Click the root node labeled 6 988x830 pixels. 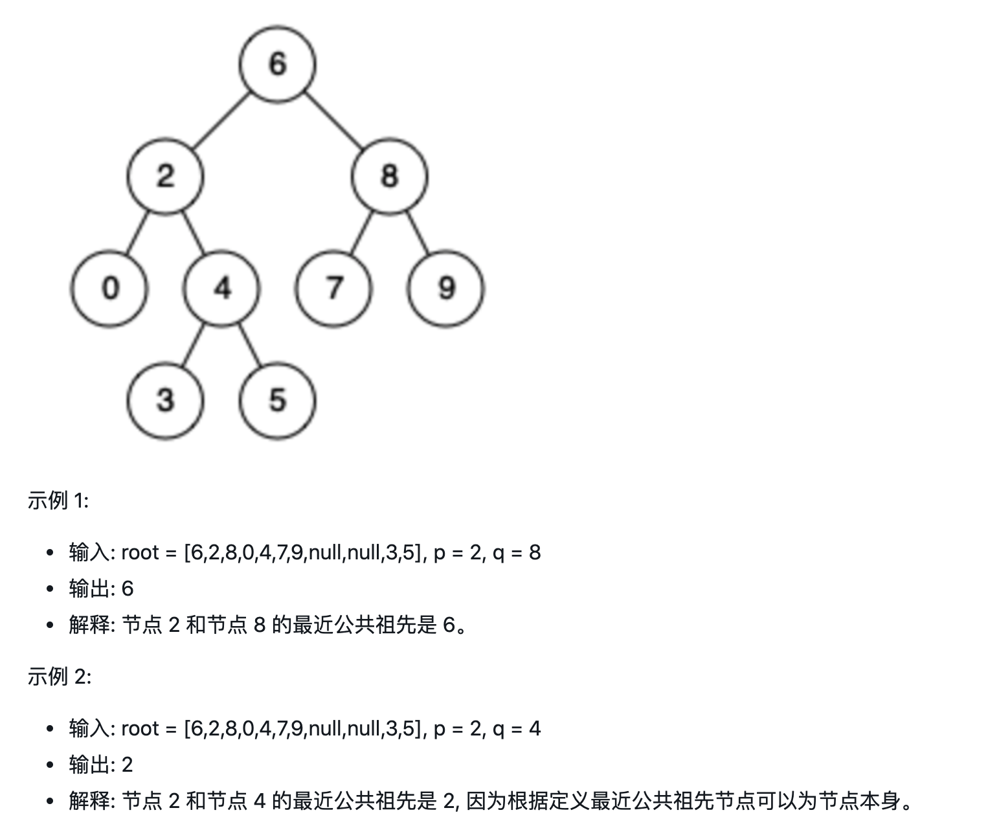(x=277, y=64)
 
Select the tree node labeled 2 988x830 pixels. (x=165, y=177)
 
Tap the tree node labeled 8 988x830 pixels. (x=389, y=177)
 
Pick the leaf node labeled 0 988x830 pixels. (x=109, y=289)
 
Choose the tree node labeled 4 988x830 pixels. (x=221, y=289)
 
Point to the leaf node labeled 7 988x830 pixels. (x=333, y=289)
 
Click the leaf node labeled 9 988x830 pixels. (x=445, y=289)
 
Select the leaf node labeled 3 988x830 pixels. (x=165, y=401)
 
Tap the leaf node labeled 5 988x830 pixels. (x=277, y=401)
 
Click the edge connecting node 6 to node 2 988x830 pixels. (x=221, y=120)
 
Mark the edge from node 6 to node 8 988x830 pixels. (x=333, y=120)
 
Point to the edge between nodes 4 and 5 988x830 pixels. (x=249, y=345)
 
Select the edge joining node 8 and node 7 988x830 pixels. (x=361, y=232)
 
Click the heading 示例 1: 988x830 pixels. (x=58, y=500)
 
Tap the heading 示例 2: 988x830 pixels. (x=59, y=676)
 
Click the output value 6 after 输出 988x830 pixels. (x=128, y=589)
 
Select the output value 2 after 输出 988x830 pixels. (x=128, y=765)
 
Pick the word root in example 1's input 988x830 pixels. (x=140, y=553)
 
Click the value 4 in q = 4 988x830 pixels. (x=535, y=729)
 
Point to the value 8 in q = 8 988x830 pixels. (x=535, y=553)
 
